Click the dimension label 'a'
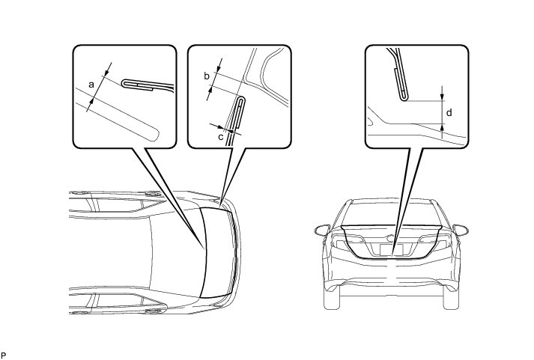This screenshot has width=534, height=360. (x=91, y=85)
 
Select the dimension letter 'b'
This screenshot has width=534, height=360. (x=207, y=76)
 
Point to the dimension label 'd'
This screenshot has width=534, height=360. (x=449, y=112)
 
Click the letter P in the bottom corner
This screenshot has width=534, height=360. (x=4, y=353)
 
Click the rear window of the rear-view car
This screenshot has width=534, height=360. (x=391, y=214)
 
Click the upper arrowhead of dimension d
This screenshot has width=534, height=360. (x=442, y=96)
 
